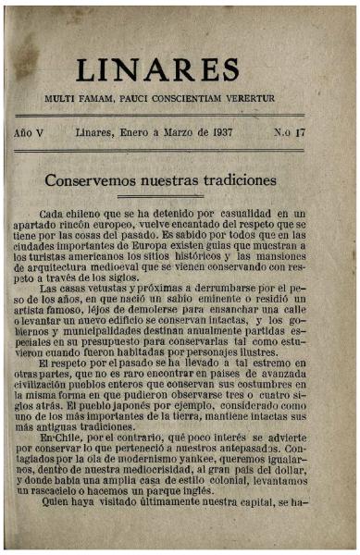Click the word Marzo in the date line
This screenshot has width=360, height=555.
coord(175,133)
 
